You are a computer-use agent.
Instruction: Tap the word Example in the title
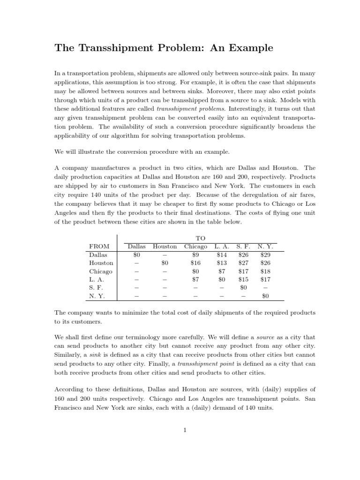250,48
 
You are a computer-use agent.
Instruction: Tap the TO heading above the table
200,238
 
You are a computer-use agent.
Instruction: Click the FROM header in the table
99,247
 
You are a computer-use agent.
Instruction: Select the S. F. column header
243,247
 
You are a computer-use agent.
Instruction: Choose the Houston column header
165,247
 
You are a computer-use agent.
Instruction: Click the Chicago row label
101,271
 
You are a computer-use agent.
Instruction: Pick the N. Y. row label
97,296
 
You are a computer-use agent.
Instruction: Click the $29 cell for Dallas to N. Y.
265,255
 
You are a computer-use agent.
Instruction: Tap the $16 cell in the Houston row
195,263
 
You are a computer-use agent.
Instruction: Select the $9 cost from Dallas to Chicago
195,255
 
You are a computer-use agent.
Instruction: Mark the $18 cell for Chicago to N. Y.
265,271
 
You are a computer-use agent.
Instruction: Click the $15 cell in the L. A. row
243,280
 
